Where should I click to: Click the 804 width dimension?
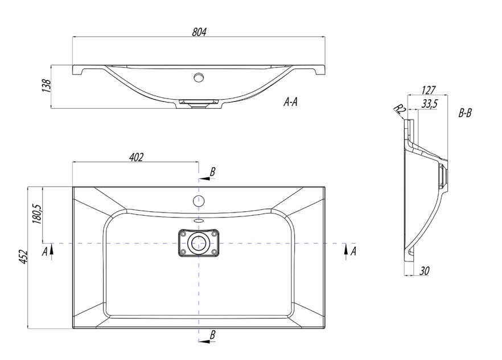click(199, 32)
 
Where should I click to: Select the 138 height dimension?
click(47, 86)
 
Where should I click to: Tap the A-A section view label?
click(291, 102)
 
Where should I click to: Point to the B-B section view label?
click(465, 113)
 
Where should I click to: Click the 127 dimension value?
click(429, 91)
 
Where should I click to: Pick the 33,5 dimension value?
click(430, 104)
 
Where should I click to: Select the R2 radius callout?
click(400, 109)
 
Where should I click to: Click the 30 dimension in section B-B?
click(424, 271)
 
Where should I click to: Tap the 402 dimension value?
click(137, 157)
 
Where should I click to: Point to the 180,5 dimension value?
click(37, 214)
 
